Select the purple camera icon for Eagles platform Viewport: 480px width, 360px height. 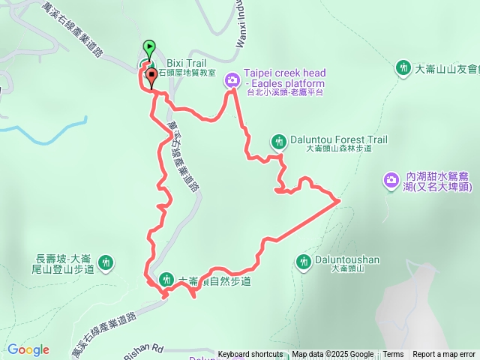tap(232, 79)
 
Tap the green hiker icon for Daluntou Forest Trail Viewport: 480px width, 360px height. tap(279, 140)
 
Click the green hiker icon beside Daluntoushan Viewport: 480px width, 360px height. tap(304, 261)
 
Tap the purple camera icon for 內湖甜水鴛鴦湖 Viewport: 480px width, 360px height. tap(391, 179)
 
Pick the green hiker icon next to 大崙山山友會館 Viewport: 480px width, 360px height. tap(403, 67)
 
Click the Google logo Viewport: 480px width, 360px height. tap(28, 349)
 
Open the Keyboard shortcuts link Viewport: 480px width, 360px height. tap(250, 355)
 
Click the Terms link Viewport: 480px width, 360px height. tap(393, 355)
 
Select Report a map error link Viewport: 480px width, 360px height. tap(444, 355)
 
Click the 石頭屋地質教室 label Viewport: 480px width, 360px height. tap(186, 73)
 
